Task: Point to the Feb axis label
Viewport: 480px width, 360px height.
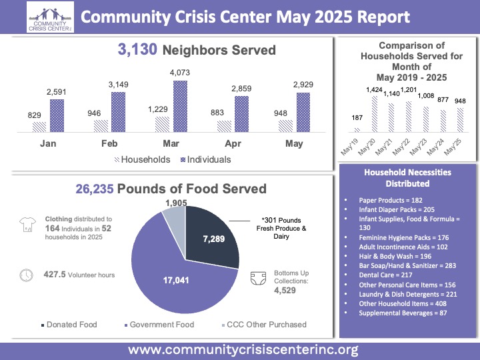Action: (110, 144)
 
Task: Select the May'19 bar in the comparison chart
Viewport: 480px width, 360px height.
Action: (357, 129)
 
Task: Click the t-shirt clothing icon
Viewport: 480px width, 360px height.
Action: (27, 225)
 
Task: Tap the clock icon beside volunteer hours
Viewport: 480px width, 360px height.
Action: (27, 274)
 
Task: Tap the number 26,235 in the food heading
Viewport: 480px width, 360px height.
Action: (94, 189)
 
